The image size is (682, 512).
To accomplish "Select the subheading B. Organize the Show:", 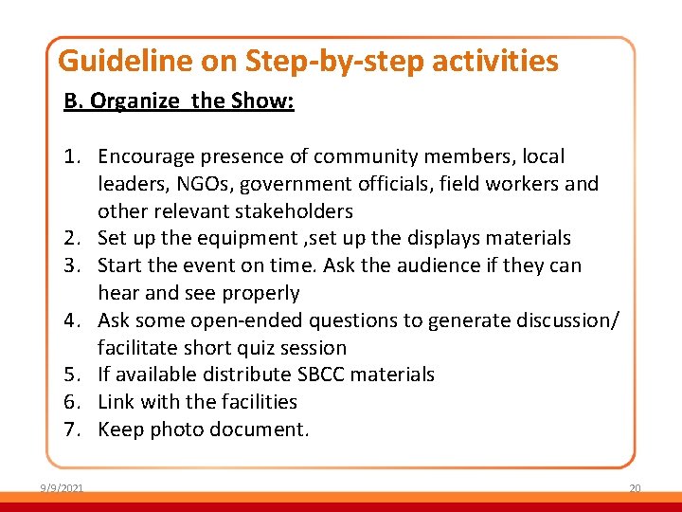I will pos(179,101).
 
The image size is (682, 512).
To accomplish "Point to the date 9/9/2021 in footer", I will pos(62,488).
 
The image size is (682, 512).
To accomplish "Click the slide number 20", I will pos(635,488).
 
